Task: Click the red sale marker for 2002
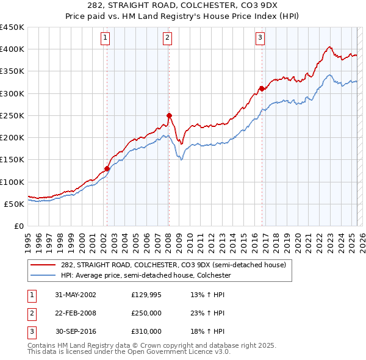click(x=107, y=168)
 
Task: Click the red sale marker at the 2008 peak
click(x=169, y=115)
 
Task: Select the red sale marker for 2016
click(x=262, y=88)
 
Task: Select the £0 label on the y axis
click(x=18, y=226)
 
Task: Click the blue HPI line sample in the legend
click(x=44, y=275)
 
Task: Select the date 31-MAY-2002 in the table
click(x=75, y=295)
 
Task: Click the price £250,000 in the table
click(x=146, y=313)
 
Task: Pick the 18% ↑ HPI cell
click(x=209, y=331)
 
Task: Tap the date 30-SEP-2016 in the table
click(x=75, y=331)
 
